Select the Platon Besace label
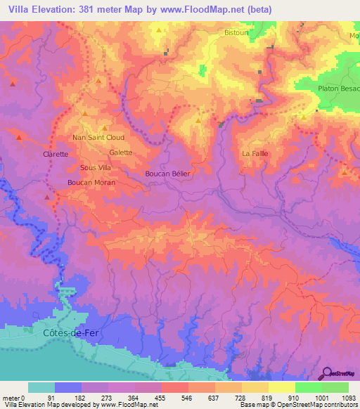tap(339, 89)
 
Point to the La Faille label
tap(255, 153)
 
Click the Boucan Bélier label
tap(167, 173)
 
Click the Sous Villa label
tap(95, 168)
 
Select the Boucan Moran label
tap(91, 182)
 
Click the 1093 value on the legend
tap(349, 398)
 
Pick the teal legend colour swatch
tap(41, 387)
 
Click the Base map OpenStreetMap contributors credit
tap(298, 405)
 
